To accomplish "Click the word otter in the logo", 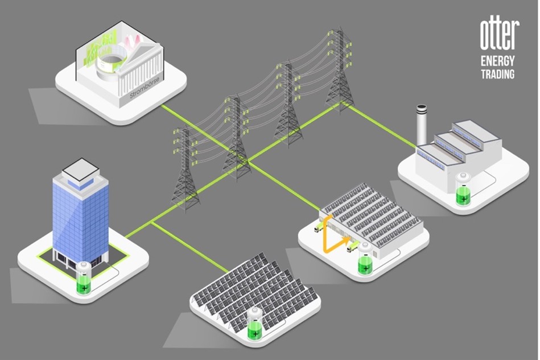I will pos(498,35).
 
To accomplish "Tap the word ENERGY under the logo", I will pos(498,61).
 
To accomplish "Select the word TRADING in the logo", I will pos(498,74).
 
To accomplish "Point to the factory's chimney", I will pos(421,125).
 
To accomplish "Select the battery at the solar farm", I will pos(255,324).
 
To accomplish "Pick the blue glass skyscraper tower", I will pos(80,216).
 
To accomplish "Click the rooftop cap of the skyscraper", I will pos(80,169).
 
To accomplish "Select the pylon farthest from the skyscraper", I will pos(340,69).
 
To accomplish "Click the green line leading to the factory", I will pos(378,127).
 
